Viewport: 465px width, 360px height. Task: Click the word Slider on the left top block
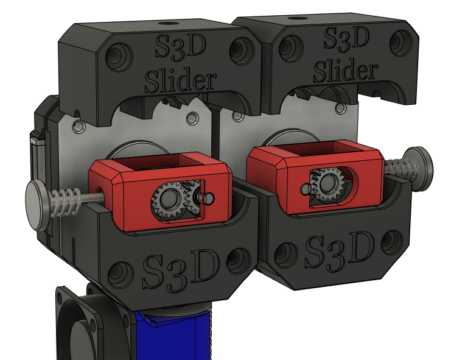[x=180, y=80]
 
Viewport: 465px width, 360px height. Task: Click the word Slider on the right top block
[x=344, y=71]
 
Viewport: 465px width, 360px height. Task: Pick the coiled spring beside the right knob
[x=398, y=168]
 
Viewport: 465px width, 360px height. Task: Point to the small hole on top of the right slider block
[x=298, y=18]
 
